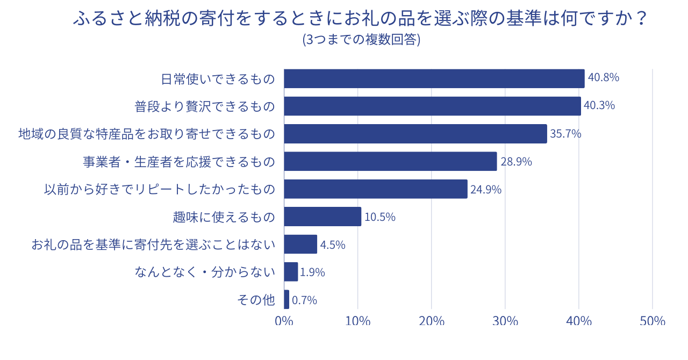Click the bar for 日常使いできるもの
[434, 78]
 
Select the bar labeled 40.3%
[432, 106]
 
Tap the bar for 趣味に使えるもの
[322, 217]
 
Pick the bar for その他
[286, 300]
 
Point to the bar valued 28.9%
[390, 161]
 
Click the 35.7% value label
[565, 134]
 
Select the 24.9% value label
[486, 189]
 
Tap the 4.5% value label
[333, 245]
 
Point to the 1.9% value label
[312, 272]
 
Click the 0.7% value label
[304, 300]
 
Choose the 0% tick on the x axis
[284, 321]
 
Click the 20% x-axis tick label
[432, 321]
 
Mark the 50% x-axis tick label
[653, 321]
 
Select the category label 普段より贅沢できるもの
[205, 106]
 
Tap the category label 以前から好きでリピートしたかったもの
[160, 189]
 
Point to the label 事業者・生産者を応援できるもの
[178, 161]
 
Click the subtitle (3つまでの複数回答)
[361, 40]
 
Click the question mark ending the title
[639, 19]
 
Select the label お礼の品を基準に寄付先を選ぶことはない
[153, 245]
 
